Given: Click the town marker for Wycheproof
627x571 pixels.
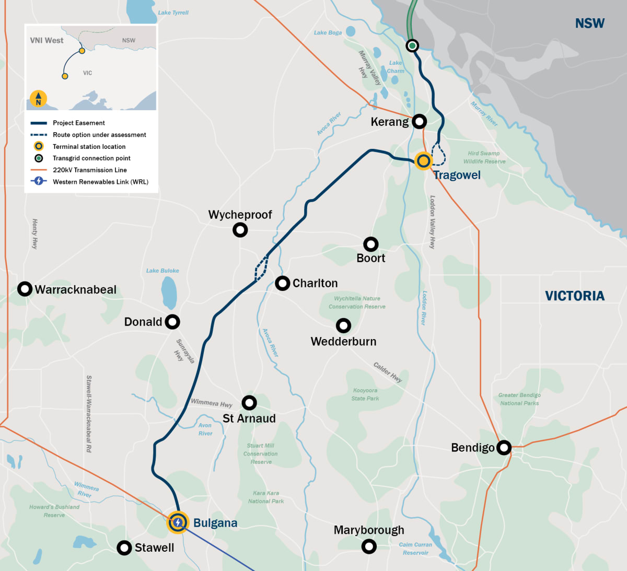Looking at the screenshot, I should point(240,229).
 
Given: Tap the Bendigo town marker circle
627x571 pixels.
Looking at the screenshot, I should point(504,448).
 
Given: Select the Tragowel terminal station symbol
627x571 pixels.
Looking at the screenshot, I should point(423,161).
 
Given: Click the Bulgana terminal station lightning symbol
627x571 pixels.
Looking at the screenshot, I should point(178,522).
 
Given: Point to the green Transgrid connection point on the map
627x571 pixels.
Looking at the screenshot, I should point(412,46).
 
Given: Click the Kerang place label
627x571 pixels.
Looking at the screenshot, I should point(389,122).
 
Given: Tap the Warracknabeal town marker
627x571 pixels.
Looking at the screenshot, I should point(25,289).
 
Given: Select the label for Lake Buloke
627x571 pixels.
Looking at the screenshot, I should point(162,271).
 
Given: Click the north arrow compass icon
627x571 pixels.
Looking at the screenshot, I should point(38,99).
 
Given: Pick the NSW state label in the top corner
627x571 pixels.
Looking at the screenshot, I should point(589,24).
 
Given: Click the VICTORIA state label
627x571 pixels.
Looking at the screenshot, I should point(575,296).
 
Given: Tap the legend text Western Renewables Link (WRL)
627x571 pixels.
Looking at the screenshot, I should point(100,182).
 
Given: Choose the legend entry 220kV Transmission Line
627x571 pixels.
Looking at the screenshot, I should point(89,170).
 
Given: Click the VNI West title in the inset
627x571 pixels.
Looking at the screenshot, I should point(47,40).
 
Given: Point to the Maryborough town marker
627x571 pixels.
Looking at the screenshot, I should point(369,546).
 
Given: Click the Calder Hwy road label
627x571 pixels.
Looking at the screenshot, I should point(388,372).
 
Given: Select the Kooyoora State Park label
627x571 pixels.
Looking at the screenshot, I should point(365,394).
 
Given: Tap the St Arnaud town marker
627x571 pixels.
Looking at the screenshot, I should point(249,402).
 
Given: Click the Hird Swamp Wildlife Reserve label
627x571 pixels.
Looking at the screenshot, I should point(484,157).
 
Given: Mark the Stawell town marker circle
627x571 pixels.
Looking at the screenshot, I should point(124,547).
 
